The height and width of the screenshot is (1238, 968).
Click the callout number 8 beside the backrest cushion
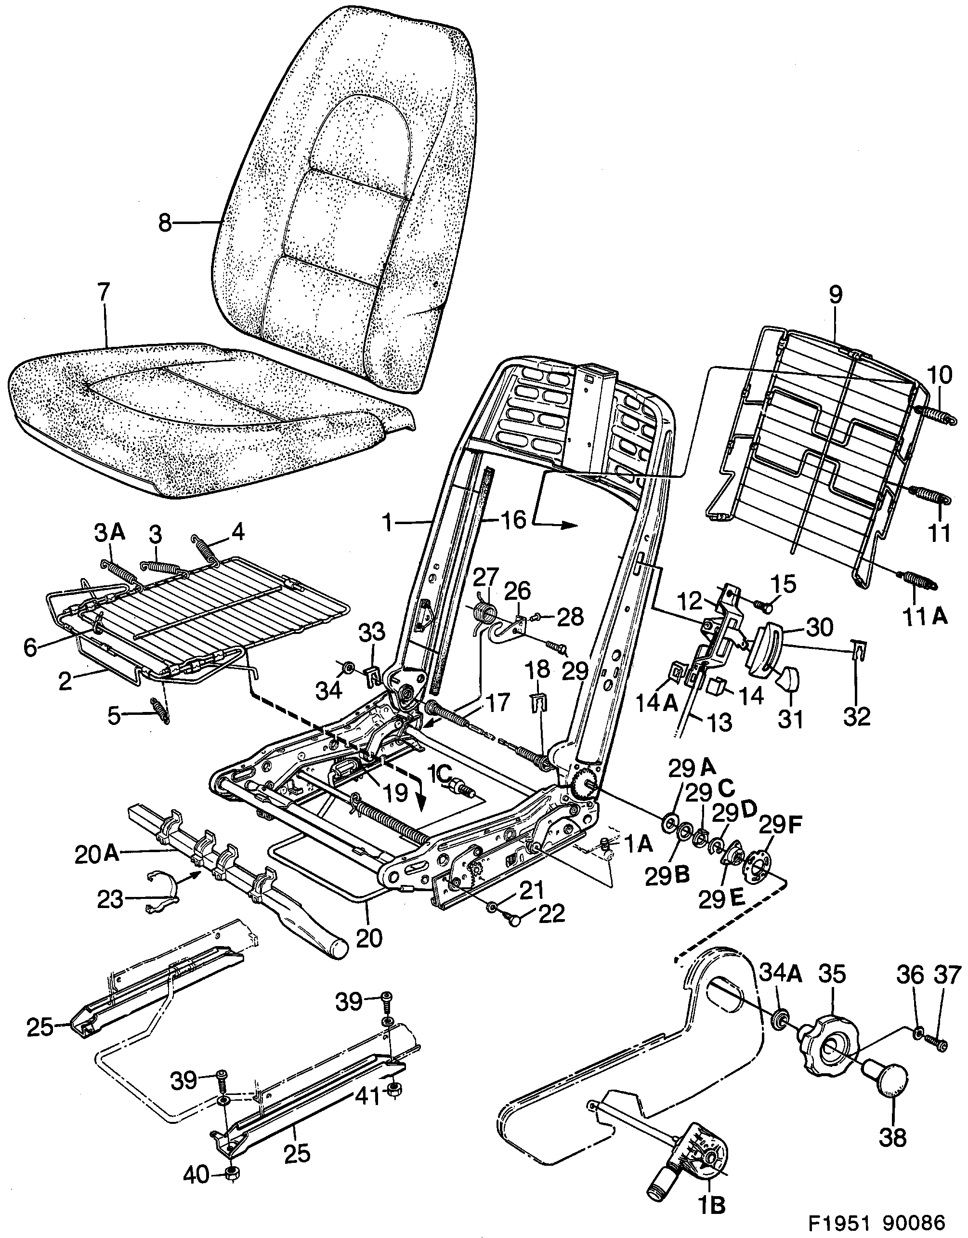[x=164, y=224]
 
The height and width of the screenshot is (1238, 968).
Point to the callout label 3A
[x=109, y=533]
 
